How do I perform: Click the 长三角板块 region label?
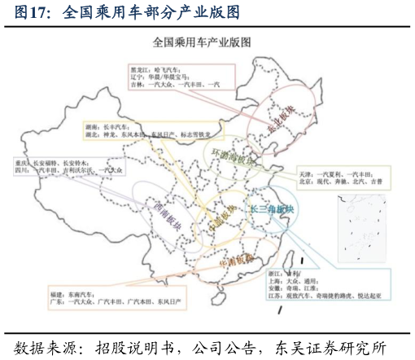pyautogui.click(x=272, y=209)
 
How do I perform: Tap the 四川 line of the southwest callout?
pyautogui.click(x=20, y=171)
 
